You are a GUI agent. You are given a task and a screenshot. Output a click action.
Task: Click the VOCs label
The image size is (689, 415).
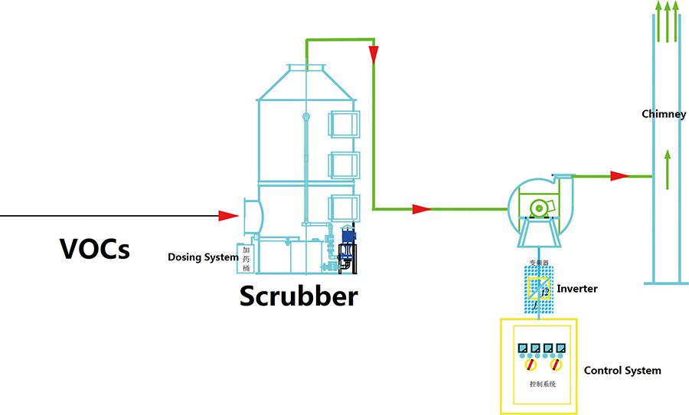pos(94,248)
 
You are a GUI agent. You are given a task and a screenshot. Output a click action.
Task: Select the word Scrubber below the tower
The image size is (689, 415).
pos(299,296)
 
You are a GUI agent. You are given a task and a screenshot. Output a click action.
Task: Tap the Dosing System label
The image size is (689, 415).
pos(203,257)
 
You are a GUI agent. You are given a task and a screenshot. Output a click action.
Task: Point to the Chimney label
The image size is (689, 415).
pos(664,114)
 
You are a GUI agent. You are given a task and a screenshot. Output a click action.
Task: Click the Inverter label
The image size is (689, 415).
pos(576,289)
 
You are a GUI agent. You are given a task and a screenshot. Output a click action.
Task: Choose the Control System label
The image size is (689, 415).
pos(622,371)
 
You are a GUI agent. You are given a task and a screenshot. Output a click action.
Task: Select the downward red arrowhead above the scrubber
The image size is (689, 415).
pos(374,54)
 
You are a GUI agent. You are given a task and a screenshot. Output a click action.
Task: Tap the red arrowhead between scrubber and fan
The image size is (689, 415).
pos(421,208)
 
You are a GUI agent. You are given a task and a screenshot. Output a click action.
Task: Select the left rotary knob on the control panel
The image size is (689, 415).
pos(525,365)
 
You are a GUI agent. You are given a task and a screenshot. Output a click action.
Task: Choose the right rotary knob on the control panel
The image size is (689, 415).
pos(557,365)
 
